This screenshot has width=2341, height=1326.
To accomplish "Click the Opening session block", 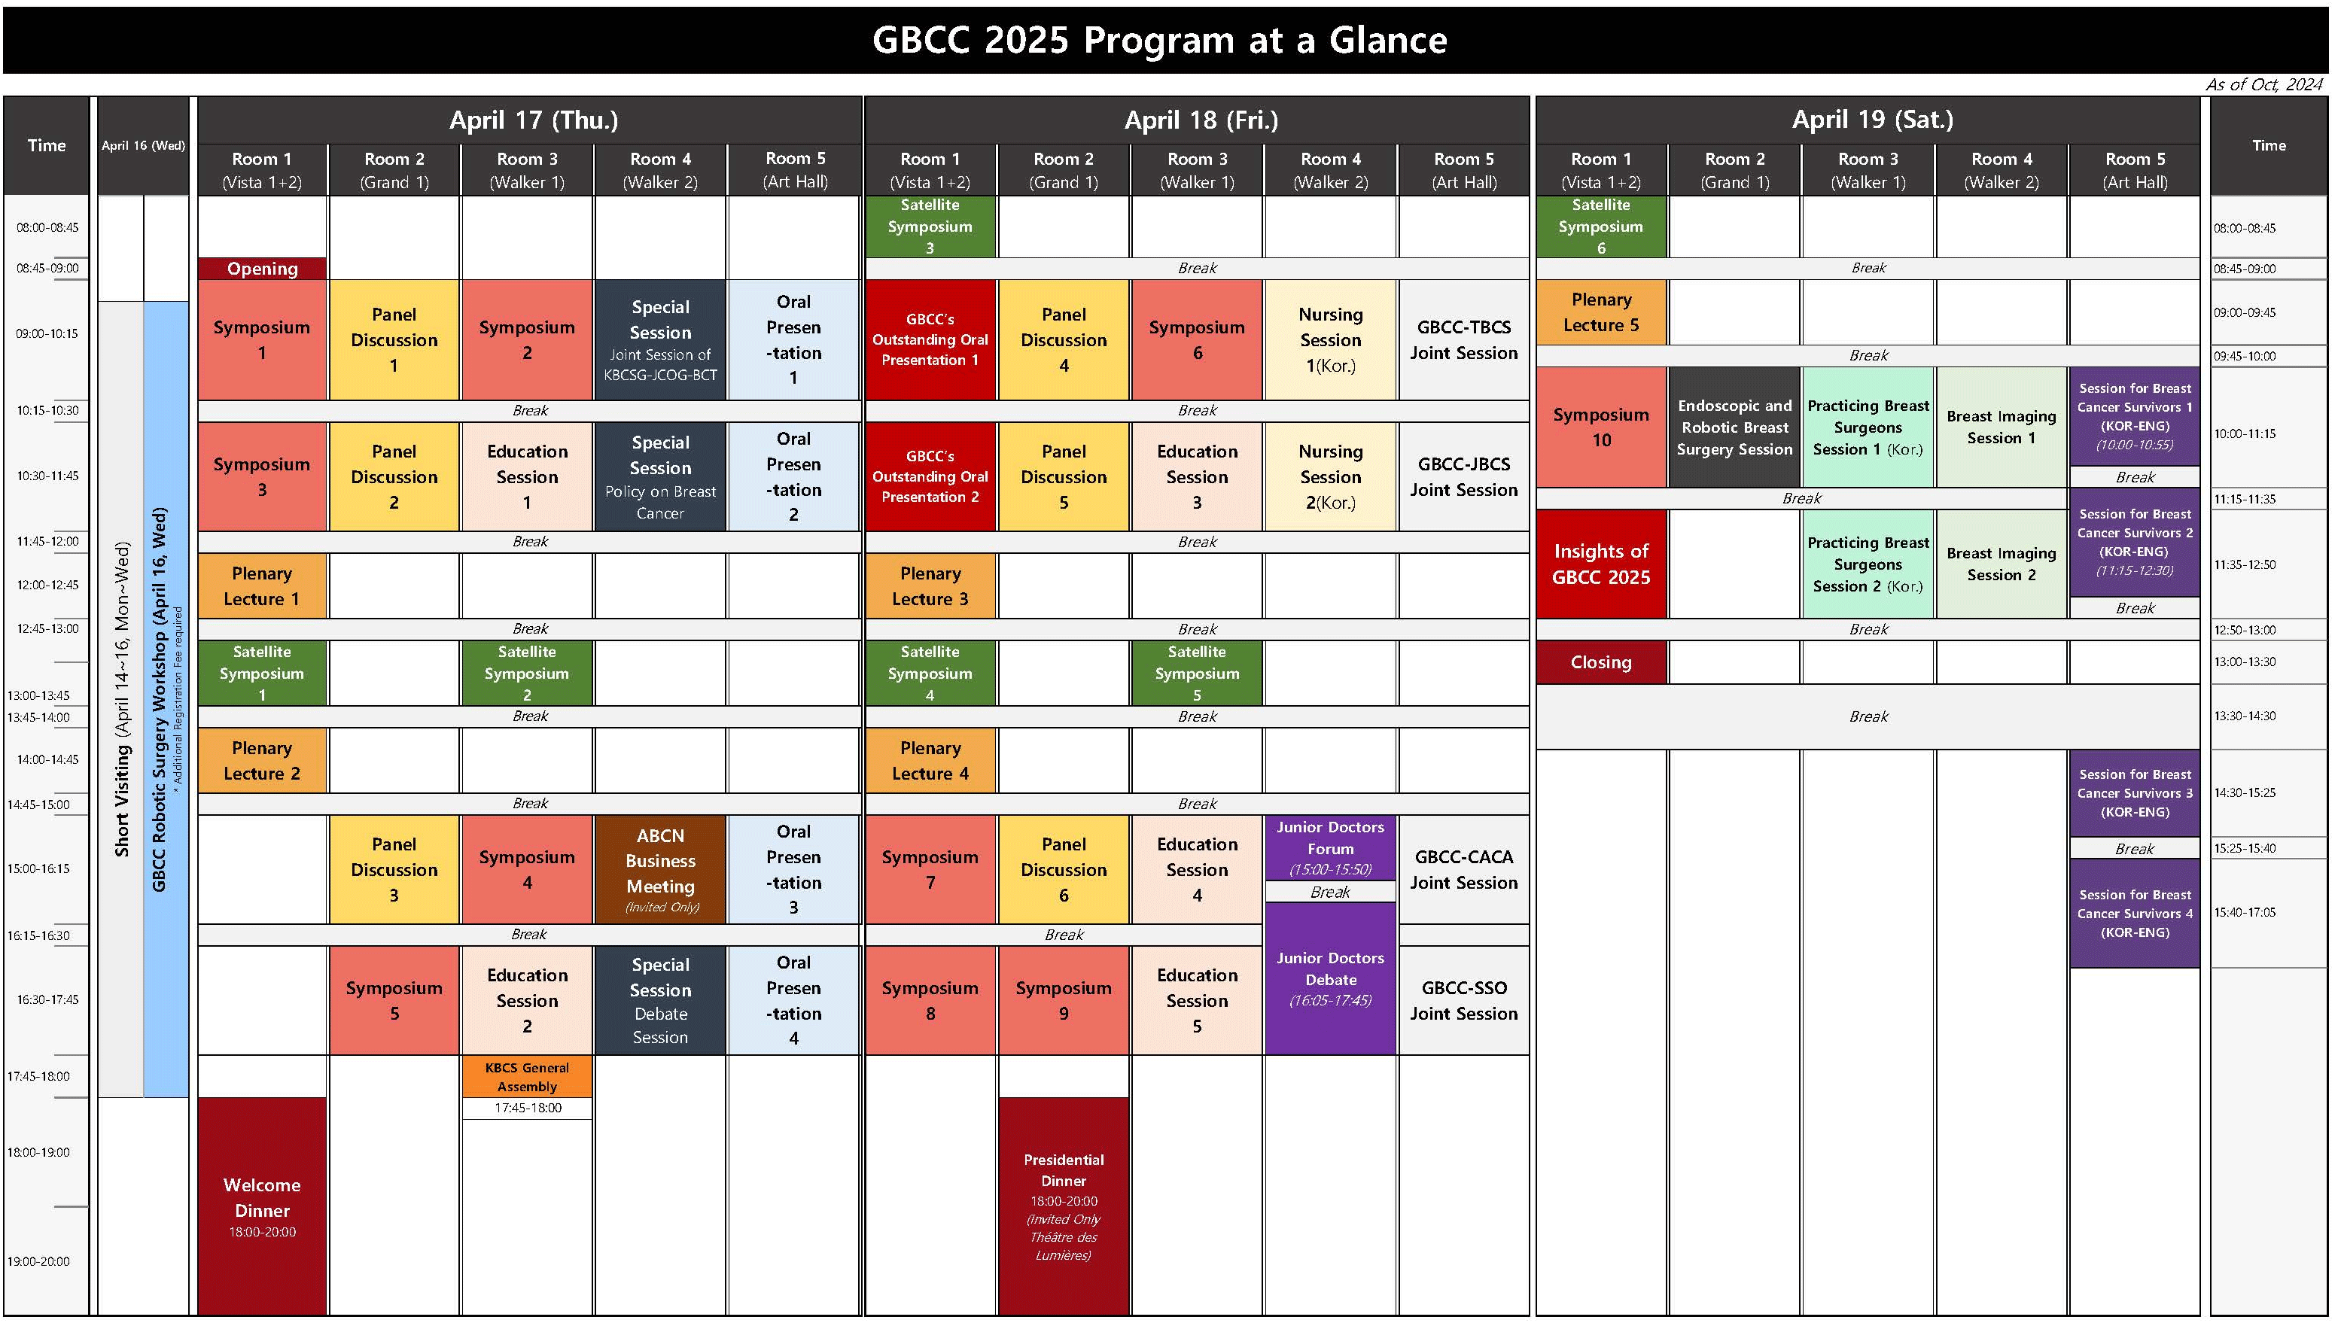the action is click(263, 269).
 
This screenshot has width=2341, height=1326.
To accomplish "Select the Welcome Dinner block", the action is click(263, 1206).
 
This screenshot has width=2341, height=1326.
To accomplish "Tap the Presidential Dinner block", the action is click(1064, 1206).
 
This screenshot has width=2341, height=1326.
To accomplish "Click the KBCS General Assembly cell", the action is click(528, 1076).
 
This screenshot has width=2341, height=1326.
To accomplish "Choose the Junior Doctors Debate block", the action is click(1331, 978).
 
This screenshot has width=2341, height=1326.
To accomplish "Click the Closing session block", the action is click(1601, 662).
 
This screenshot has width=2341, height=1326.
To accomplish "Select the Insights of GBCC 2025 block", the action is click(1601, 564).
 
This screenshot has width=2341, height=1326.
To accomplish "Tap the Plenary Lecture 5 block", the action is click(1601, 312).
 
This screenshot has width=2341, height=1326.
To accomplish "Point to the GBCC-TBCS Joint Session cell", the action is click(1464, 339).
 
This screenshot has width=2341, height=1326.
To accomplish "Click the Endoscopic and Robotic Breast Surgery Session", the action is click(1734, 427).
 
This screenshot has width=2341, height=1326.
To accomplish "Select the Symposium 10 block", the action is click(1601, 427).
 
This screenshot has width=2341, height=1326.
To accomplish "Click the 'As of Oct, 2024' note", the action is click(2263, 85).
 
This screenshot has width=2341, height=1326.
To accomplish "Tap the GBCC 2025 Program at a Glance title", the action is click(1159, 40).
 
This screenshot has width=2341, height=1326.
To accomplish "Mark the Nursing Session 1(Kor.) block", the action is click(1331, 339).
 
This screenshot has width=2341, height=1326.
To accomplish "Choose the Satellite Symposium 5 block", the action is click(1197, 673).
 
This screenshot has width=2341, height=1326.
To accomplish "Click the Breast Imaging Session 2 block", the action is click(2002, 564).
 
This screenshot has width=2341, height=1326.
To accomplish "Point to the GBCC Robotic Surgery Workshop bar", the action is click(166, 699).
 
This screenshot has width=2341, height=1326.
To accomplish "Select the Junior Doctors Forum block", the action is click(1331, 848).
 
